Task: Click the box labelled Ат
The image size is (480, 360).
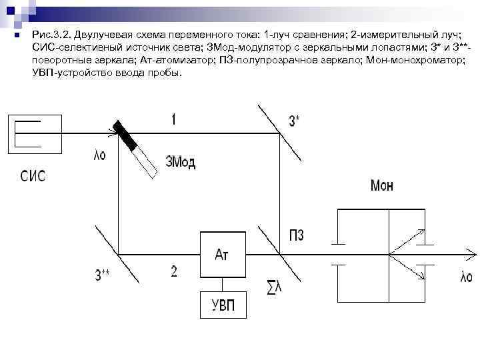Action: coord(222,254)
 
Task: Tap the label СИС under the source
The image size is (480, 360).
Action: coord(33,176)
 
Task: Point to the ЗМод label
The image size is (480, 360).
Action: coord(180,162)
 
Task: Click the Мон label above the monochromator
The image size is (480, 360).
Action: coord(381,186)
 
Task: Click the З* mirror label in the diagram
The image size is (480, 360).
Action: coord(294,120)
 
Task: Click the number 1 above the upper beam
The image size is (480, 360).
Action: coord(173,119)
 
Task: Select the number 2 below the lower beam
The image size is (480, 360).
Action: coord(173,271)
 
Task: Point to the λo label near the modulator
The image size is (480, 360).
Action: coord(99,156)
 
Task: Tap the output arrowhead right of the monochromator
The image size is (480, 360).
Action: coord(471,254)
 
